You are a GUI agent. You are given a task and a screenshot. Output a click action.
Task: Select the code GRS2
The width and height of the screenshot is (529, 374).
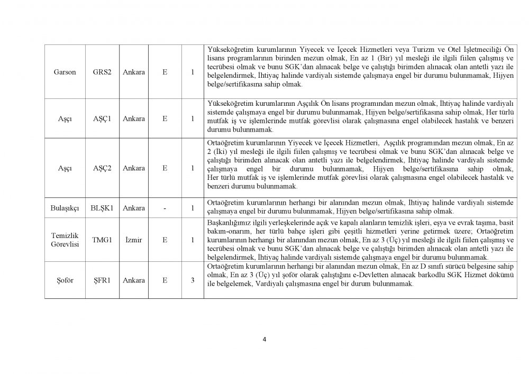(102, 72)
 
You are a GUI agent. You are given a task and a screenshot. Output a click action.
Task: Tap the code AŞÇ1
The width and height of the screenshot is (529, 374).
(102, 118)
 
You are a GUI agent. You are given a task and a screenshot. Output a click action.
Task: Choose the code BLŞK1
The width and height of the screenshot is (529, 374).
(102, 208)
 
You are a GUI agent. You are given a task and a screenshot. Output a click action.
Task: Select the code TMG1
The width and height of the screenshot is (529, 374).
(102, 240)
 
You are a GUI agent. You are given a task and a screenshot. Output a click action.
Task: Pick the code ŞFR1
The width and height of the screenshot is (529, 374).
(102, 280)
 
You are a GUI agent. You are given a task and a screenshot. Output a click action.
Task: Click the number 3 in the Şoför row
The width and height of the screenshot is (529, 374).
(192, 280)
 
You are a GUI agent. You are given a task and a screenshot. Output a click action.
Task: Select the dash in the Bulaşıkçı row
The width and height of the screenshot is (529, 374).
(165, 208)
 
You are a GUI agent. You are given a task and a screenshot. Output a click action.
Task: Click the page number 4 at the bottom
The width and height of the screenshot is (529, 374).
(264, 340)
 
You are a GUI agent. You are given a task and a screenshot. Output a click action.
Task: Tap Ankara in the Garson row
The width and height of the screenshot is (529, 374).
(133, 72)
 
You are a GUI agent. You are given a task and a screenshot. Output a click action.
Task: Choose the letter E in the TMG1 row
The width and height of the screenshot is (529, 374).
(165, 240)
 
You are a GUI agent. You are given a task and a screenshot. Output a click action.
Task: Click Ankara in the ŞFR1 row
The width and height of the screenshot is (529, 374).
(133, 280)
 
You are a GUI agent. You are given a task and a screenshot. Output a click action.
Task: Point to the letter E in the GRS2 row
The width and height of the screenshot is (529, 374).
(165, 72)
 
